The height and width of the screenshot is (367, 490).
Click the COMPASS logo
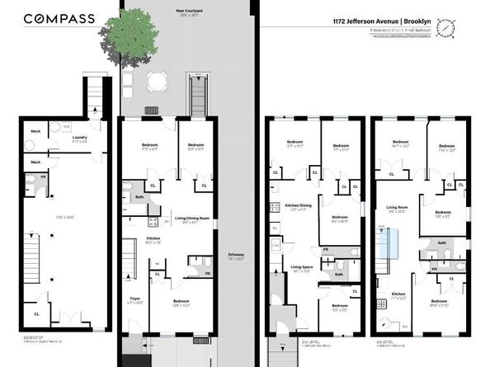59,18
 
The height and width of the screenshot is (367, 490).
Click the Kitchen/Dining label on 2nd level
299,207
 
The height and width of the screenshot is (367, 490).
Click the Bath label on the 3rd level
442,242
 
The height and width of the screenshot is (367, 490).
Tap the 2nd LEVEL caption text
282,340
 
